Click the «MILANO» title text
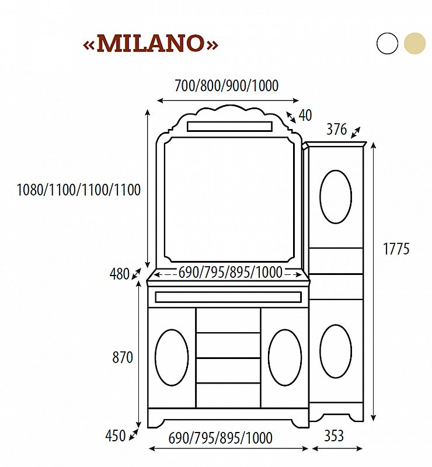click(x=151, y=44)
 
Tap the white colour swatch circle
click(x=387, y=44)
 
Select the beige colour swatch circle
click(x=414, y=44)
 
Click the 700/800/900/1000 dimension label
click(x=227, y=86)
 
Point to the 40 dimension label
click(x=305, y=116)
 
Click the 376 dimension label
click(x=336, y=130)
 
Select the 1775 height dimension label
click(x=396, y=249)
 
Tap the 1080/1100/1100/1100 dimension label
click(x=79, y=190)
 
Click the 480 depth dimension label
click(x=119, y=274)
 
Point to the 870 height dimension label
click(x=123, y=357)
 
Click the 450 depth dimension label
click(x=115, y=435)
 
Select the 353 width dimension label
click(x=333, y=435)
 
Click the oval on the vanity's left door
click(x=172, y=357)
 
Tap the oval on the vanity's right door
click(x=285, y=357)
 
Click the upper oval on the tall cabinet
click(x=336, y=197)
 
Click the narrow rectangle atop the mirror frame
click(x=229, y=127)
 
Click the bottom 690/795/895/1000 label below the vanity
click(x=221, y=437)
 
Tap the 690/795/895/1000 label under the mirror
click(x=230, y=272)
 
